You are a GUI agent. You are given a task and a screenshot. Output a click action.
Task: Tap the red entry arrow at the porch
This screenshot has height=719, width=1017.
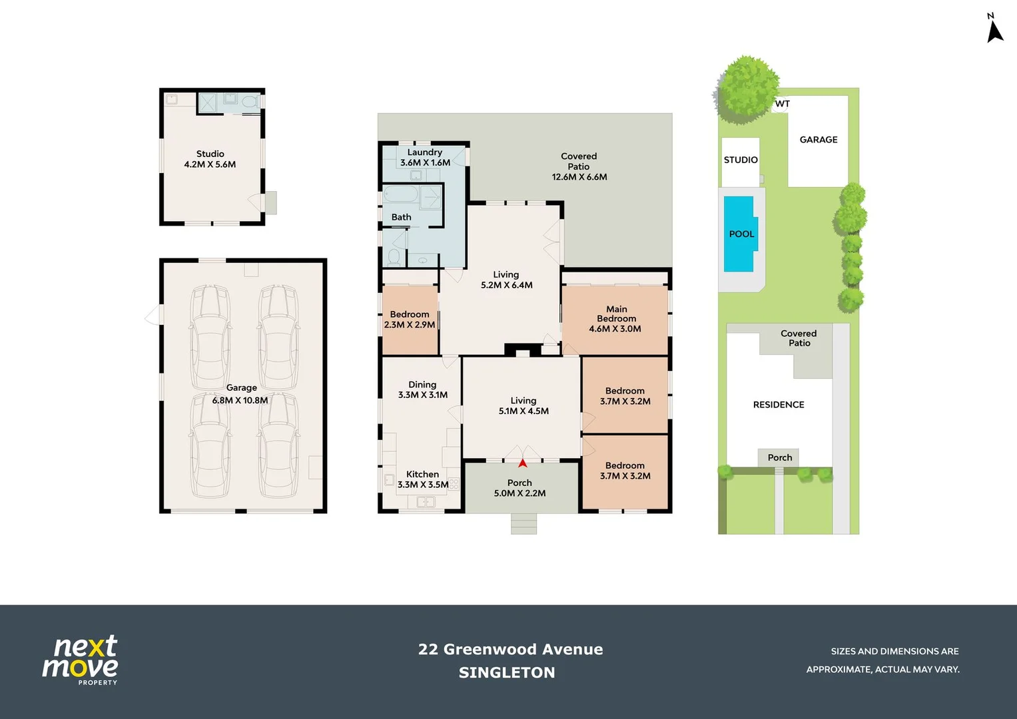523,463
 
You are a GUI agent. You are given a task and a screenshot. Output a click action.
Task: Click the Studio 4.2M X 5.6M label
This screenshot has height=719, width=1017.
210,159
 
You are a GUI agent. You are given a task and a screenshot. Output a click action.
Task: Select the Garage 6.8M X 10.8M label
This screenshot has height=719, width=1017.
240,394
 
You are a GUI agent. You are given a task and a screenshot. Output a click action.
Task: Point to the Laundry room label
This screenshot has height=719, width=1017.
425,157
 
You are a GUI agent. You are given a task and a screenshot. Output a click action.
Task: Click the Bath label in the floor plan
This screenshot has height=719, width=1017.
402,217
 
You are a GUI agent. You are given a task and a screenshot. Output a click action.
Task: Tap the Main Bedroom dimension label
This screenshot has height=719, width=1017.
615,319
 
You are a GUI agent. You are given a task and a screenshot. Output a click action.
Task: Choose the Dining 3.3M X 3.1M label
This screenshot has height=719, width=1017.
423,389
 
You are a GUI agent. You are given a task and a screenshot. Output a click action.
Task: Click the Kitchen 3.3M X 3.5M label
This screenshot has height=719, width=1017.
423,479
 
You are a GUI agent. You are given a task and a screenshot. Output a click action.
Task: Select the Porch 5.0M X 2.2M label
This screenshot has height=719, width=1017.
520,488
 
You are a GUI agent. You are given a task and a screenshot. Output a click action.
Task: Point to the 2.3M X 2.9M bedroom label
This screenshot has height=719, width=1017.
410,325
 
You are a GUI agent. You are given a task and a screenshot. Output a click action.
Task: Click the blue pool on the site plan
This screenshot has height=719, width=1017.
741,234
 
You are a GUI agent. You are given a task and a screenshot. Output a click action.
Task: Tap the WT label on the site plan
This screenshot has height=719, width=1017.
783,103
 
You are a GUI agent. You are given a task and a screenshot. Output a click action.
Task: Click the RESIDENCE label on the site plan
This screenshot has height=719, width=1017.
779,405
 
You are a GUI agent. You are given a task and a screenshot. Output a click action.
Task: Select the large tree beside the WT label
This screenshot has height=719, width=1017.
747,90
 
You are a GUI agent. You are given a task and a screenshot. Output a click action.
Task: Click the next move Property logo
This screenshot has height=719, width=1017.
81,660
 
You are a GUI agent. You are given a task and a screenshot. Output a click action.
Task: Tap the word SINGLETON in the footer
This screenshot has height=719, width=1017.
507,672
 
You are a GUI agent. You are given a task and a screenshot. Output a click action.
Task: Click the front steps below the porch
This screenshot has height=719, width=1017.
523,524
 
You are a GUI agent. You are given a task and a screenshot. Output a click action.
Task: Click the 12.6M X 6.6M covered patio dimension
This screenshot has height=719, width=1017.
579,177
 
